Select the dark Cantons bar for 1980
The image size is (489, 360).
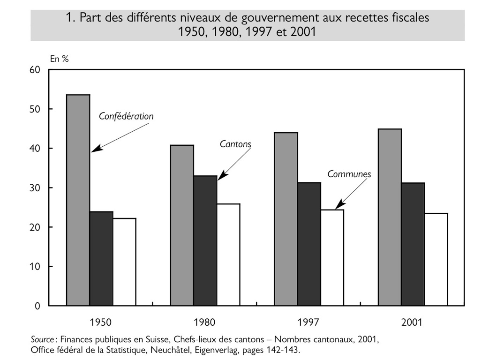[x=205, y=241]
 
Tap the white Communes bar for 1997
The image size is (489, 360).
[x=332, y=258]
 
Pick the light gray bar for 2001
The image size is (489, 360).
[x=390, y=217]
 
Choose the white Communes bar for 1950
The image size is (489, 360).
[x=124, y=262]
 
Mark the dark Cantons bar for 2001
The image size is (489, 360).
[x=413, y=244]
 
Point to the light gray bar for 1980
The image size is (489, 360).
[x=182, y=225]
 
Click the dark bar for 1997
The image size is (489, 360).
[x=309, y=244]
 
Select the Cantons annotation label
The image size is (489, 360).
[x=235, y=144]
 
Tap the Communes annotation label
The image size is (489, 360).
[x=349, y=174]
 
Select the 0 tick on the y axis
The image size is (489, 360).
[x=38, y=306]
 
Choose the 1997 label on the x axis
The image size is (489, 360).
[x=308, y=322]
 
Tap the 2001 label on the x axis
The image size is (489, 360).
[x=412, y=322]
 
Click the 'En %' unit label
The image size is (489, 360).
[x=59, y=59]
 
